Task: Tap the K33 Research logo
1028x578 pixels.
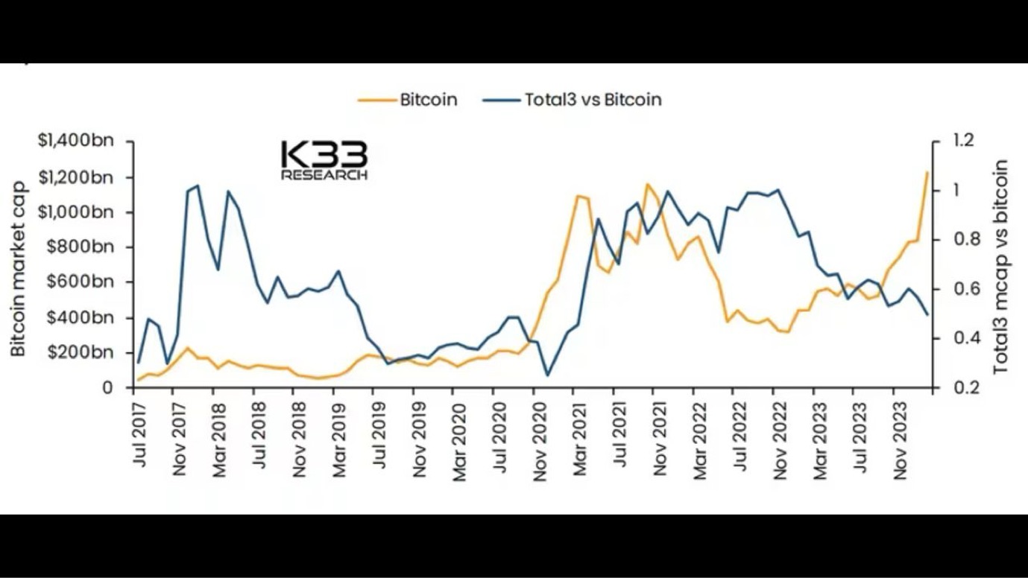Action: (324, 160)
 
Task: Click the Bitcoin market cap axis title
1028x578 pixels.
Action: (18, 268)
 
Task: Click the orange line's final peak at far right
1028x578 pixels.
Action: (927, 173)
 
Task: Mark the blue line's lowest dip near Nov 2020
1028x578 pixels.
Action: (547, 375)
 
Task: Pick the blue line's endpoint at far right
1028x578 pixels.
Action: (927, 314)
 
